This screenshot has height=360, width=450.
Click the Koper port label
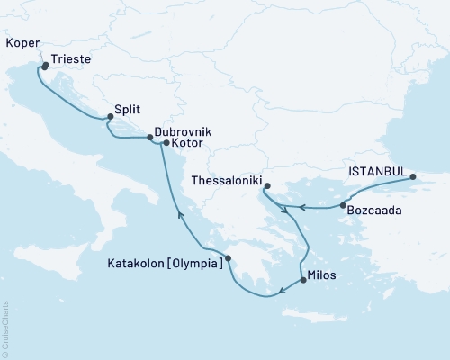tap(21, 42)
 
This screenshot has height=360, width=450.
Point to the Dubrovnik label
tap(183, 131)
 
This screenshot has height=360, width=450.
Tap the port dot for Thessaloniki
tap(266, 187)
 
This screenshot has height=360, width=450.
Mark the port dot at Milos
tap(302, 280)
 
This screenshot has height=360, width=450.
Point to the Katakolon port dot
tap(228, 258)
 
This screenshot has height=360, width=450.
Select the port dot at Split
tap(110, 116)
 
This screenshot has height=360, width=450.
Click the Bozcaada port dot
tap(344, 206)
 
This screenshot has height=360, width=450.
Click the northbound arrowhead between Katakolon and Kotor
tap(179, 213)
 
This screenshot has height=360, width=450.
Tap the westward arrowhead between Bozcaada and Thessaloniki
tap(301, 207)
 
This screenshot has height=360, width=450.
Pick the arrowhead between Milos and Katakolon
tap(283, 290)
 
